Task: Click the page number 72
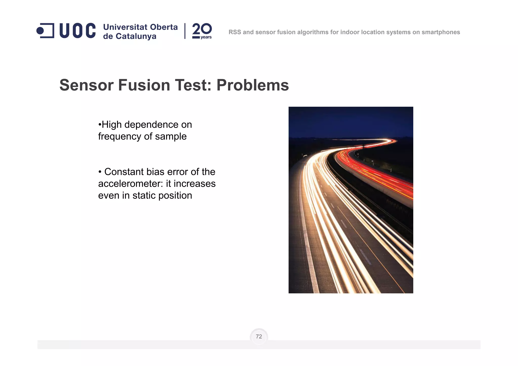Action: click(x=259, y=337)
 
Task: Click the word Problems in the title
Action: click(x=252, y=85)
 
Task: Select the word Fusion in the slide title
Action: click(x=144, y=85)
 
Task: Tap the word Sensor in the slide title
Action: click(x=87, y=85)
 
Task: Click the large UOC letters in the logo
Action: click(x=77, y=31)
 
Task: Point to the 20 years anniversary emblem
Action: click(x=202, y=31)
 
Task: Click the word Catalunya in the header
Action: click(x=136, y=36)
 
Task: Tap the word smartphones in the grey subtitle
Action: click(x=441, y=32)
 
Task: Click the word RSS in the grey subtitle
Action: click(x=235, y=32)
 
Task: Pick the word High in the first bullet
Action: click(x=112, y=125)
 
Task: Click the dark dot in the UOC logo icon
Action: click(x=40, y=31)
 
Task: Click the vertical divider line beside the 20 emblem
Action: click(x=185, y=31)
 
